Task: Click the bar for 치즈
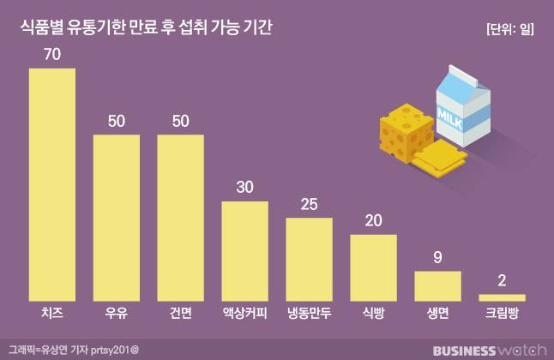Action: (52, 183)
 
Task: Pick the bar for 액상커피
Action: (245, 250)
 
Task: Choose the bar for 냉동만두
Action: (309, 258)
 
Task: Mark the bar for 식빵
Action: (373, 267)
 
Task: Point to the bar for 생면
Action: (437, 285)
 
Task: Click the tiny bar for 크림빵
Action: (502, 297)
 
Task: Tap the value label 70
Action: (52, 54)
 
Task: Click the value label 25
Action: (309, 204)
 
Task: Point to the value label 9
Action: (437, 257)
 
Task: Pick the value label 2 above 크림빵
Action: (502, 280)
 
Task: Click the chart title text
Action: (146, 28)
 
